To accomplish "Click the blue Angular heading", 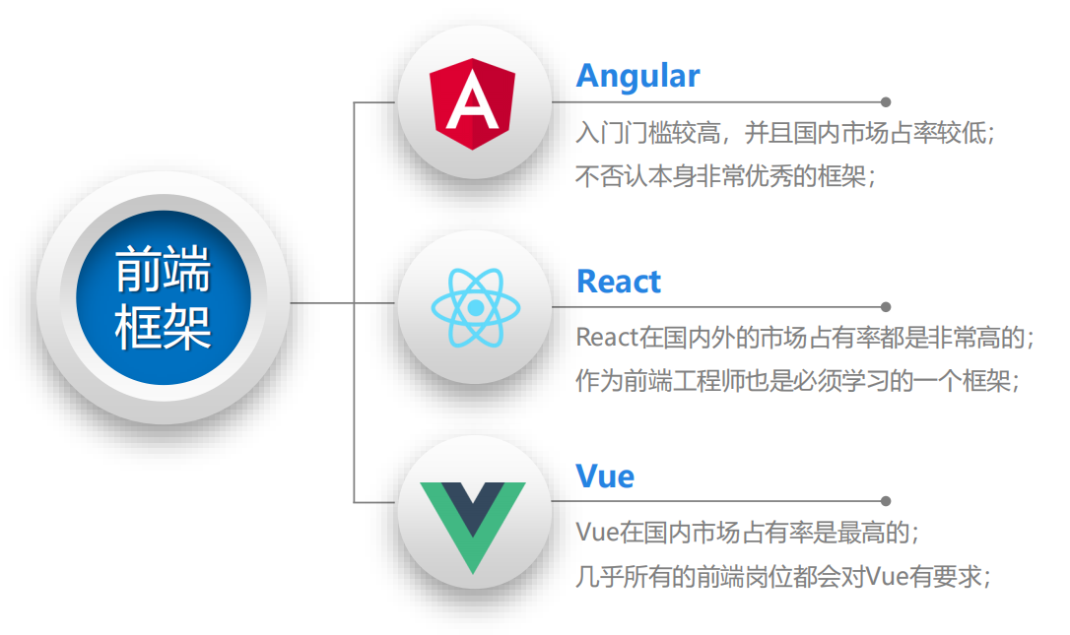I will pos(637,76).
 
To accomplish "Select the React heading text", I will pos(618,282).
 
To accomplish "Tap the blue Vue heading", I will pos(605,476).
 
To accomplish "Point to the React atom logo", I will pos(475,308).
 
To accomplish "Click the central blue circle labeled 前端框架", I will pos(164,297).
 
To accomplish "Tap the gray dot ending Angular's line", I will pos(886,101).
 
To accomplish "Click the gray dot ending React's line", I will pos(886,307).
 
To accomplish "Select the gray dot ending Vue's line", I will pos(886,501).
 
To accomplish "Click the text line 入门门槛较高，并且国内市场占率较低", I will pos(785,133).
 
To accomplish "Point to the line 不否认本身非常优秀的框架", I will pos(725,177).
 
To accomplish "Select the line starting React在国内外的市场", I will pos(805,338).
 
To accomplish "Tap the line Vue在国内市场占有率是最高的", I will pos(747,533).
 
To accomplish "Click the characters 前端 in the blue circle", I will pos(164,270).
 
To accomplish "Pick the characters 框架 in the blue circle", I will pos(164,327).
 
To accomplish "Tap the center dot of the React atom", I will pos(475,308).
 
